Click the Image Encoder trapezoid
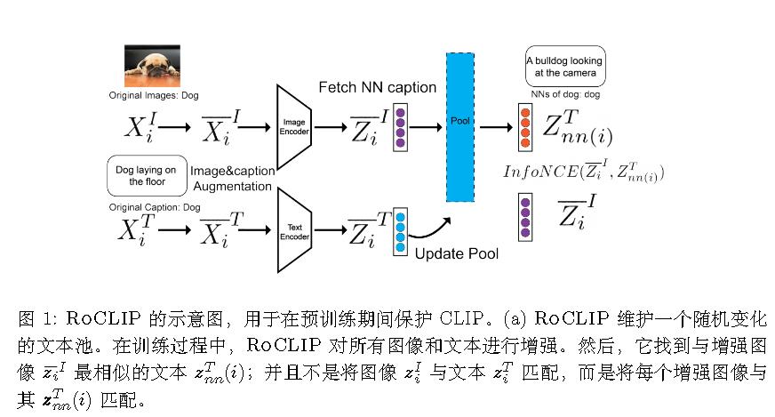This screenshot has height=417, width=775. pyautogui.click(x=293, y=126)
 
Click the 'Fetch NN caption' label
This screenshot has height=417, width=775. pyautogui.click(x=378, y=88)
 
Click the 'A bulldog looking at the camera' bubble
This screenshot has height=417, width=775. pyautogui.click(x=564, y=68)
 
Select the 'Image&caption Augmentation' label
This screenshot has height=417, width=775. pyautogui.click(x=229, y=179)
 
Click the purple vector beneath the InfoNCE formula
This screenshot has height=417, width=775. pyautogui.click(x=525, y=216)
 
